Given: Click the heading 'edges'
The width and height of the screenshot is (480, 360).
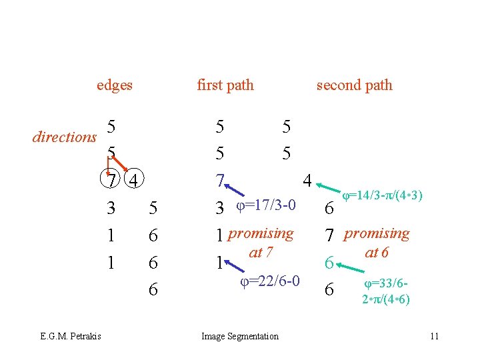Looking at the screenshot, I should [114, 85].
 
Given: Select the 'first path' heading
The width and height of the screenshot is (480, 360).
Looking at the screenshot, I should [225, 85].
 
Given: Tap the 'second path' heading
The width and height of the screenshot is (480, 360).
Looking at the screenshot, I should [354, 85].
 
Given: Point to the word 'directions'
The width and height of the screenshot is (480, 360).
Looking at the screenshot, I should [65, 137].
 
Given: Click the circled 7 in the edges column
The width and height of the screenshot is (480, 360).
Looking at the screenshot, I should [112, 181].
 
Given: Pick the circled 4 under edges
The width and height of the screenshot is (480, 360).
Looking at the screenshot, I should [134, 181].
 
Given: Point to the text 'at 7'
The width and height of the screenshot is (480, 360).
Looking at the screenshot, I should [259, 252].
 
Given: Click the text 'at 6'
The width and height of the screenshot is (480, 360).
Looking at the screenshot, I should [377, 253].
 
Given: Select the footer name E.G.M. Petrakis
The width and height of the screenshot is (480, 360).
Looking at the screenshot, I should [70, 336].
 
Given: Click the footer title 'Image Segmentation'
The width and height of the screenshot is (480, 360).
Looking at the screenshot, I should [240, 336].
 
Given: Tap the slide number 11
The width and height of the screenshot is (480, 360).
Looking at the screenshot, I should [434, 336].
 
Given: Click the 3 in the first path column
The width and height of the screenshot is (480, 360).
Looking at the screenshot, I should [219, 209].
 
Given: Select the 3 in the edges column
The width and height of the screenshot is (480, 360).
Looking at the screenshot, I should [111, 209].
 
